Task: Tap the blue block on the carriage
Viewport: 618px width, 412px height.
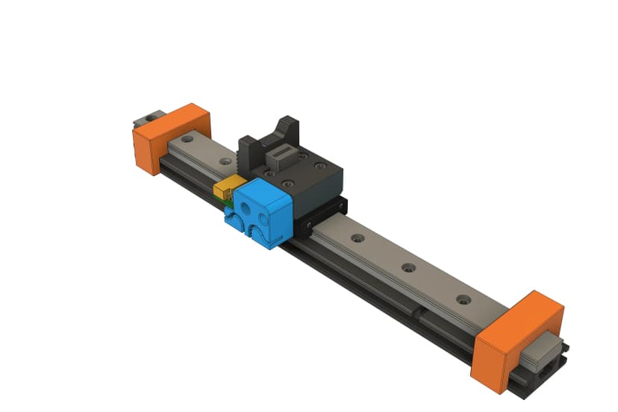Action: [261, 213]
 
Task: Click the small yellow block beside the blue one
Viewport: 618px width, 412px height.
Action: [227, 188]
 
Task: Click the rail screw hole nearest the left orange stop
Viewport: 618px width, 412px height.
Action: [184, 140]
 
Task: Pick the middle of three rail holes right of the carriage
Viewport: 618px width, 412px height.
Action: [408, 267]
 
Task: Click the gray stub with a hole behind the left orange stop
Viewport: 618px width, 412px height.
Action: [148, 118]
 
